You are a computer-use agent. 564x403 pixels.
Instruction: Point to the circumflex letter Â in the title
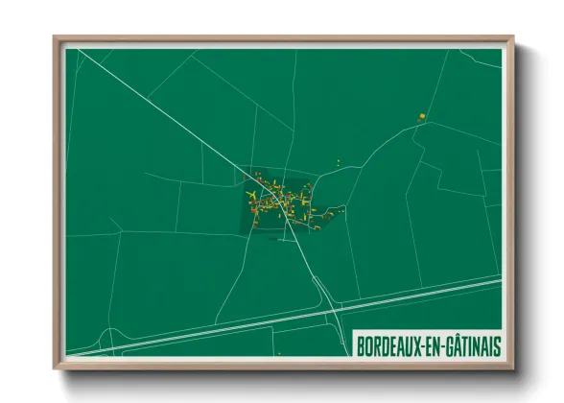click(454, 344)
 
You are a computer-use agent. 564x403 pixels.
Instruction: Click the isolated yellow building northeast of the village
click(421, 116)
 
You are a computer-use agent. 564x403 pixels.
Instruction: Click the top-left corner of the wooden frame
click(56, 38)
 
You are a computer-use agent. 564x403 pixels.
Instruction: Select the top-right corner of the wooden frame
click(512, 38)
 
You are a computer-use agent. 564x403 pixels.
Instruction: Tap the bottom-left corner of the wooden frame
click(56, 367)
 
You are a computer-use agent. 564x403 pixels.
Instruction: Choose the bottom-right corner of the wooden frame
click(512, 367)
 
